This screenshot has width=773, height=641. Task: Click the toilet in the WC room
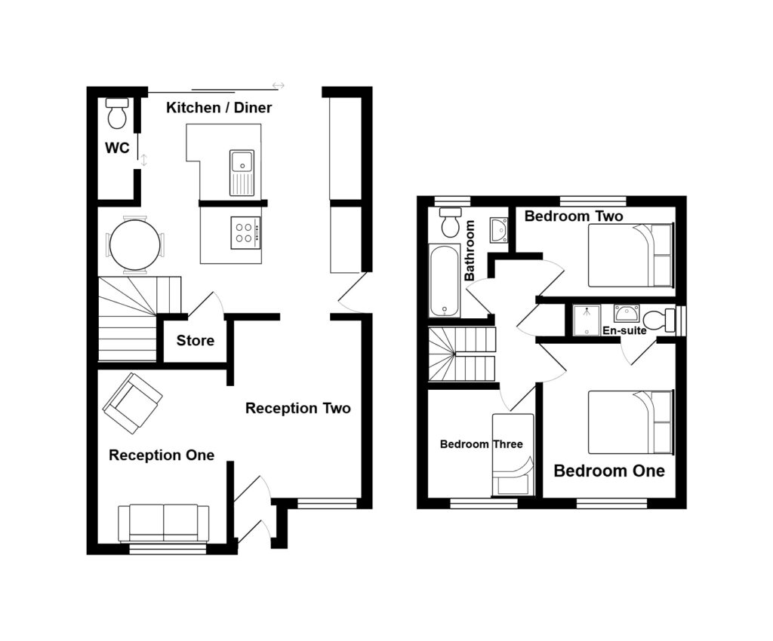point(117,114)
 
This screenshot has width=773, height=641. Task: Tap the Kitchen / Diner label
point(219,108)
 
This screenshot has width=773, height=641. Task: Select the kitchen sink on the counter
point(242,161)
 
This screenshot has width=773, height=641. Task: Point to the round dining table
point(135,244)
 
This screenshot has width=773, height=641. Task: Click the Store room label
point(196,341)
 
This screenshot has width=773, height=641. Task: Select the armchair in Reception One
point(132,403)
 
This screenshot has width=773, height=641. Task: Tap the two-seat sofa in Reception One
point(164,522)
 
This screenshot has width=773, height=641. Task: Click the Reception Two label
point(298,409)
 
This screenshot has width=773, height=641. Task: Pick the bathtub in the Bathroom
point(445,280)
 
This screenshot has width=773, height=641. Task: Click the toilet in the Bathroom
point(451,222)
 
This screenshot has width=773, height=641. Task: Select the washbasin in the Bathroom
point(498,229)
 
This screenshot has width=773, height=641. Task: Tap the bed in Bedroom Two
point(630,255)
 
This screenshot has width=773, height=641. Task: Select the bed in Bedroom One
point(630,422)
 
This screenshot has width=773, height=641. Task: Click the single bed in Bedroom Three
point(513,455)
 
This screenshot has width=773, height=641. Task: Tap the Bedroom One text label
point(609,471)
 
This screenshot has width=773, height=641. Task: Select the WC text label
point(117,149)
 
